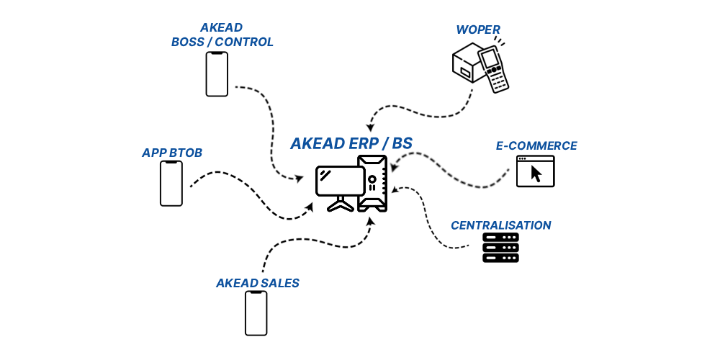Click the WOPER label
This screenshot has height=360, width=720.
click(x=477, y=30)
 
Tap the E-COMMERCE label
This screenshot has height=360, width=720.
click(x=536, y=146)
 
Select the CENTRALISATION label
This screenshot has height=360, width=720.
click(x=500, y=226)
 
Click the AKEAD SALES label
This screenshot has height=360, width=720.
click(x=257, y=284)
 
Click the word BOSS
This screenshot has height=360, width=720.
click(x=188, y=42)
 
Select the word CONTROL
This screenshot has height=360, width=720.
click(x=245, y=42)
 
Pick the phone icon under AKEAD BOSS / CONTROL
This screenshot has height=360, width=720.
click(x=217, y=74)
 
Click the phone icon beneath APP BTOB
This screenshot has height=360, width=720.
click(x=171, y=184)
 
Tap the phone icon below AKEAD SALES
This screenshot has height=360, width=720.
click(x=256, y=313)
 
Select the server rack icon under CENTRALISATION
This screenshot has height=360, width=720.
click(x=500, y=248)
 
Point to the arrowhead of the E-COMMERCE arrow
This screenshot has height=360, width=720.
click(x=393, y=168)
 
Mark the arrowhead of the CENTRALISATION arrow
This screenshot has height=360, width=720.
click(x=395, y=190)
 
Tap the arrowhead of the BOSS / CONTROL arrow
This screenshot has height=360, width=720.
click(x=299, y=178)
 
